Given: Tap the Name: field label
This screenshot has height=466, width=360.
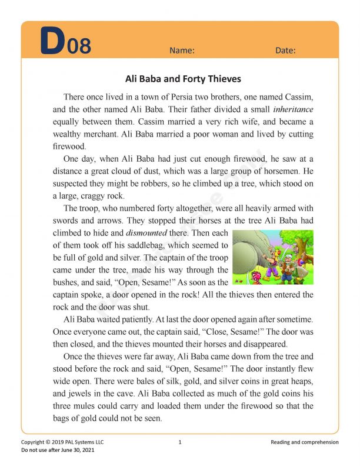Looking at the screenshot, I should [182, 51].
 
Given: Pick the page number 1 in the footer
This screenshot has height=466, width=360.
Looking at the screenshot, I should [179, 442].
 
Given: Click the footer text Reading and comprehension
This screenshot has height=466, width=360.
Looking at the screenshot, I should [305, 442].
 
